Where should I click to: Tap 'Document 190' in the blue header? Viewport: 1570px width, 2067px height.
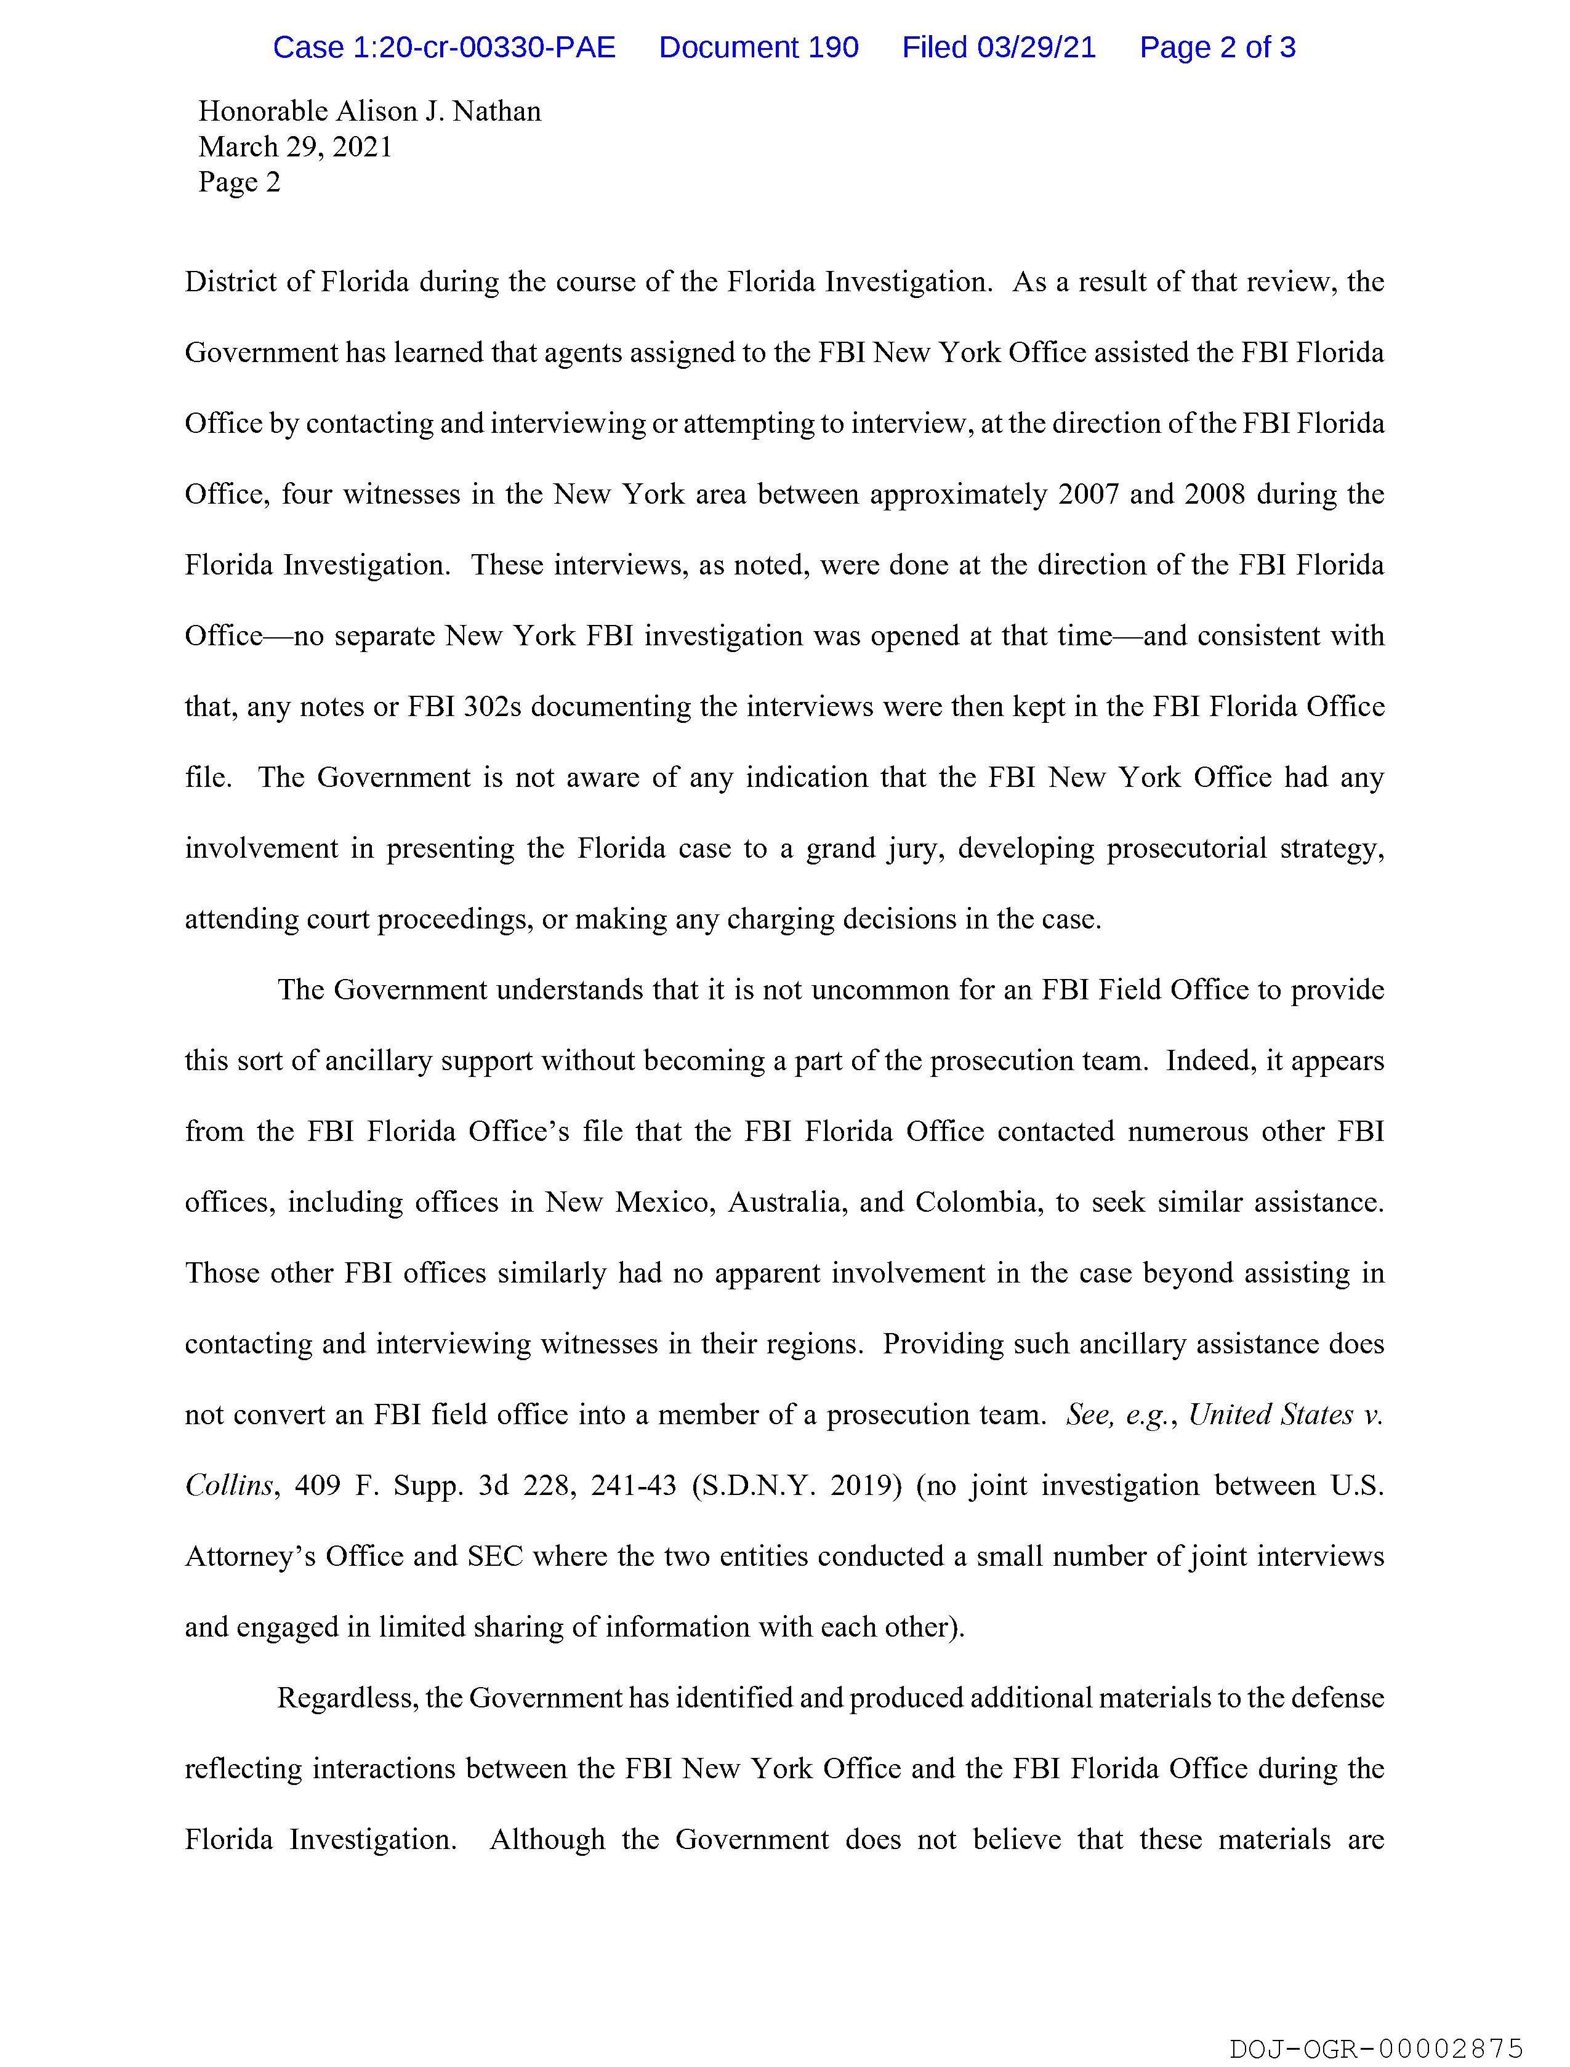758,47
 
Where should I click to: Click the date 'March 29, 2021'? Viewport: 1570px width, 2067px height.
296,148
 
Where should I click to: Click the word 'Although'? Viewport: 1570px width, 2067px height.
547,1840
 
